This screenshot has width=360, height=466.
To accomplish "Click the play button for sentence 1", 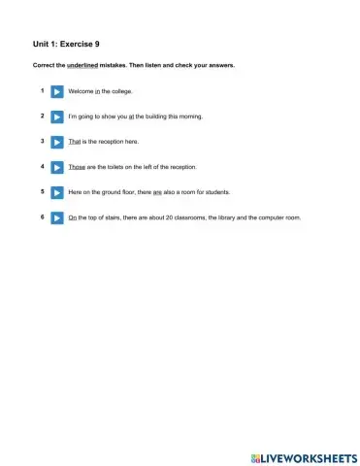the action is [56, 91].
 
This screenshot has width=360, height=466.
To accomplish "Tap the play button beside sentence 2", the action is [56, 116].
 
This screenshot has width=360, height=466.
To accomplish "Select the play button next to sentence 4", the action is [56, 167].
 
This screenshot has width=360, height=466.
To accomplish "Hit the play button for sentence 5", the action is [56, 192].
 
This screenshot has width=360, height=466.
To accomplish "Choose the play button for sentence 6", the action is [56, 217].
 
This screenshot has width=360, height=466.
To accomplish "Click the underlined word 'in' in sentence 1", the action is [97, 91].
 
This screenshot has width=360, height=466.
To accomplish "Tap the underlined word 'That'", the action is [75, 142].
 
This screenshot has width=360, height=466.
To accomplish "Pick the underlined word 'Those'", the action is [78, 167].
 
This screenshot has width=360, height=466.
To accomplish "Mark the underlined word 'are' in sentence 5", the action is [157, 192].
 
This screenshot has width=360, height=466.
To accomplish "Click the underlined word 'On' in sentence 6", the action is [73, 217].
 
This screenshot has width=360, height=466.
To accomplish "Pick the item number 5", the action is [42, 191].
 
